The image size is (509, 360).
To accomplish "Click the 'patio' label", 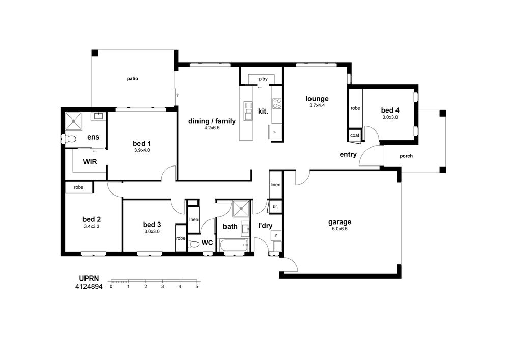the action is click(133, 79).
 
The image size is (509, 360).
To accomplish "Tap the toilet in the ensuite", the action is click(70, 140).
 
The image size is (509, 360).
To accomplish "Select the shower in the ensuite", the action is click(74, 121).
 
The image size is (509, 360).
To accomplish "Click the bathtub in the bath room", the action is click(234, 245).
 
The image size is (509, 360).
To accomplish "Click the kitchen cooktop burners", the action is click(277, 103).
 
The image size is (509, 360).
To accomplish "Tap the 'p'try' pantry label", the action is click(263, 79).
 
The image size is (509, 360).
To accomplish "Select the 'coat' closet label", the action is click(355, 135).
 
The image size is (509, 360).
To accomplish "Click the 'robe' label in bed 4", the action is click(355, 108).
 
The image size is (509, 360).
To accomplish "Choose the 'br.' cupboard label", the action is click(275, 207).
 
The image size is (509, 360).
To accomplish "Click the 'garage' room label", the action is click(340, 222).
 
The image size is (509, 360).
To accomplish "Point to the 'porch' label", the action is click(406, 156).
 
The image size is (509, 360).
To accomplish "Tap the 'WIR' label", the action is click(90, 161).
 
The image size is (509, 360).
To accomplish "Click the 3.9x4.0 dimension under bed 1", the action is click(142, 150).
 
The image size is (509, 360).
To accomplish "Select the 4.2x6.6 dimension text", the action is click(212, 128).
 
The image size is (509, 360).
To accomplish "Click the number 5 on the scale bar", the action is click(197, 287).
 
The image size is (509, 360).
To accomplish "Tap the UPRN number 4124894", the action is click(89, 287).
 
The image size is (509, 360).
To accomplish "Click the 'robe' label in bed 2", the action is click(78, 187).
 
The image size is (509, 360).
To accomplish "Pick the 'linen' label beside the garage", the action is click(275, 185).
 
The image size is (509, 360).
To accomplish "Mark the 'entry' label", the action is click(348, 155).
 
